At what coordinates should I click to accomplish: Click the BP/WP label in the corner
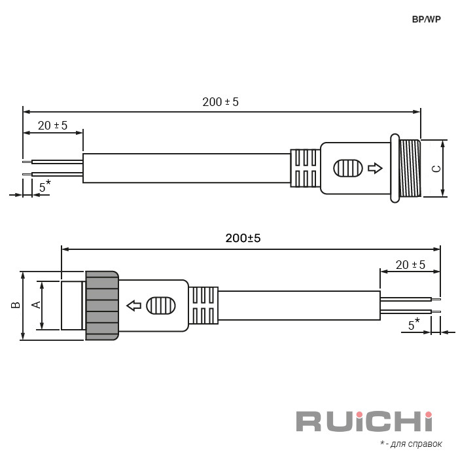click(426, 19)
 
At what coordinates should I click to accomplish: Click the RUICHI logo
click(364, 421)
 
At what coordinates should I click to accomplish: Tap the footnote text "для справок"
click(416, 444)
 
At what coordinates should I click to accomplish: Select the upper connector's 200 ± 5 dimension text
click(220, 102)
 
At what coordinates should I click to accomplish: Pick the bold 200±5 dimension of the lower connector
click(243, 238)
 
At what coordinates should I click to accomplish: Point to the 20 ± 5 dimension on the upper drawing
click(52, 126)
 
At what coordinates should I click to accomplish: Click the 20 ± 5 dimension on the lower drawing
click(410, 265)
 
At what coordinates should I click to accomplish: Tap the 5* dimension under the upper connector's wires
click(44, 186)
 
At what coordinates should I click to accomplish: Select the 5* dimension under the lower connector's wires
click(414, 325)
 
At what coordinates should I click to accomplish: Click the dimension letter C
click(436, 169)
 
